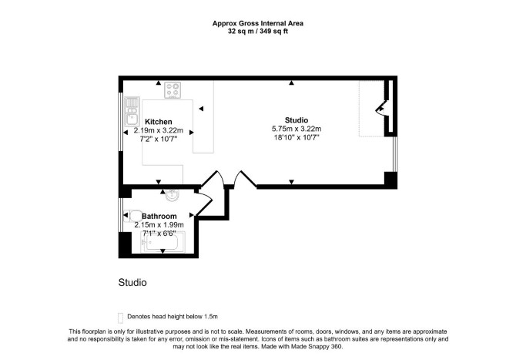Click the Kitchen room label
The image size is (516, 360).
pyautogui.click(x=159, y=122)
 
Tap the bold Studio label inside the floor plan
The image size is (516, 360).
pyautogui.click(x=297, y=120)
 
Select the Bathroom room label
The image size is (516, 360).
pyautogui.click(x=159, y=216)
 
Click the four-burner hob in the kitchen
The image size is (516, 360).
pyautogui.click(x=173, y=90)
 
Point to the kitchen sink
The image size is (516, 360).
pyautogui.click(x=132, y=111)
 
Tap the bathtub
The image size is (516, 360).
pyautogui.click(x=163, y=242)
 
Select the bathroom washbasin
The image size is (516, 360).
pyautogui.click(x=172, y=195)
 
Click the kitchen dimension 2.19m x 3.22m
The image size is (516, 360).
pyautogui.click(x=159, y=130)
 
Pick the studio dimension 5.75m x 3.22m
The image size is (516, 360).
pyautogui.click(x=297, y=129)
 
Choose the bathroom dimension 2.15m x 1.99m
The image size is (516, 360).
pyautogui.click(x=159, y=225)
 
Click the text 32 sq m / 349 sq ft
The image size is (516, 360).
pyautogui.click(x=258, y=32)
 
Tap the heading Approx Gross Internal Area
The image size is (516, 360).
pyautogui.click(x=258, y=23)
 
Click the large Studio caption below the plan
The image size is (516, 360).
pyautogui.click(x=132, y=283)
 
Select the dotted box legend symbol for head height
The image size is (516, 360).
pyautogui.click(x=120, y=318)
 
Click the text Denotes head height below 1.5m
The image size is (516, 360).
pyautogui.click(x=173, y=317)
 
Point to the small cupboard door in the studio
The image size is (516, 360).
pyautogui.click(x=380, y=109)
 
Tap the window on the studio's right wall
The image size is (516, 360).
pyautogui.click(x=395, y=154)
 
